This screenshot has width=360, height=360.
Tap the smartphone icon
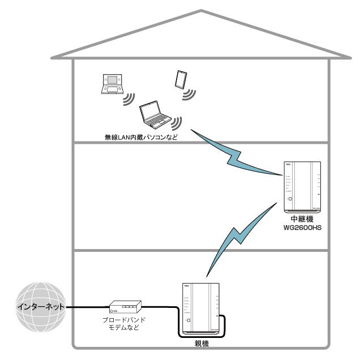pyautogui.click(x=181, y=79)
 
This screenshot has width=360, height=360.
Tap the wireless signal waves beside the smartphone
pyautogui.click(x=187, y=93)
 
